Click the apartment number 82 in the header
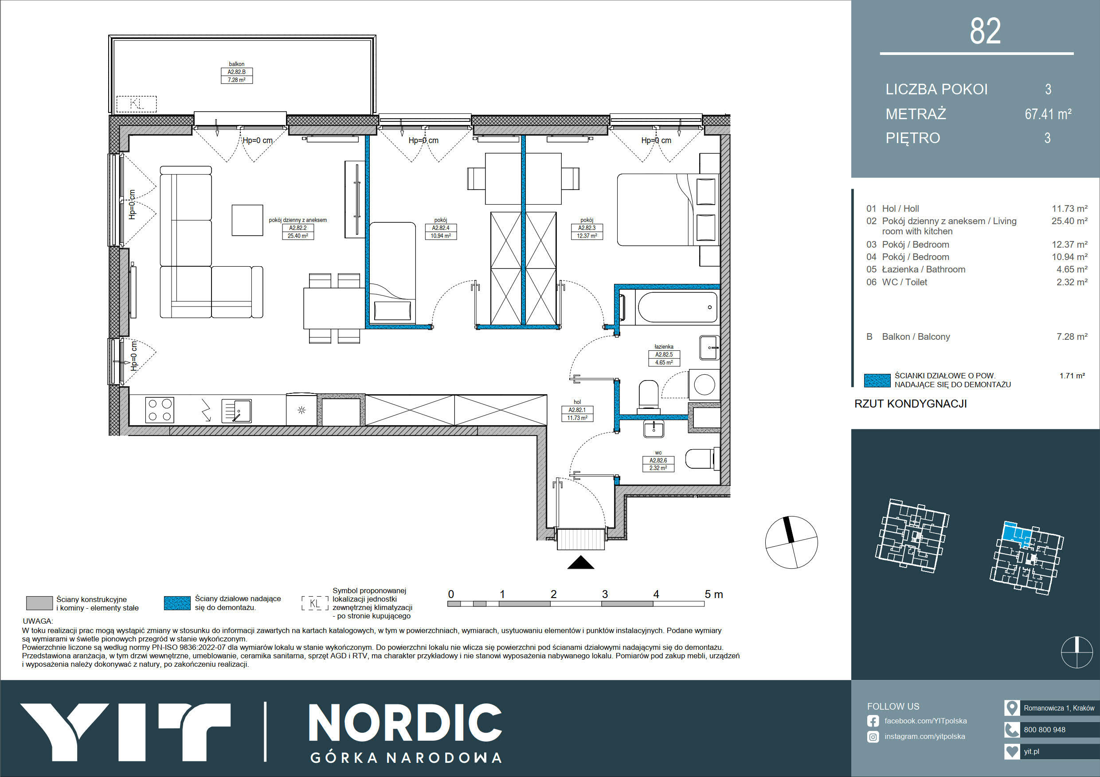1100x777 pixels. point(985,31)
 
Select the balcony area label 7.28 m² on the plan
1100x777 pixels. point(236,80)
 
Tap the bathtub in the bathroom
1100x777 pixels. point(678,307)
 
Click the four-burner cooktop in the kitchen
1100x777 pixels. point(160,410)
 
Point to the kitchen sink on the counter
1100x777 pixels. point(237,411)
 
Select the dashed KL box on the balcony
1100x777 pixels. point(137,104)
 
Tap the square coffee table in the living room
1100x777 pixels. point(247,220)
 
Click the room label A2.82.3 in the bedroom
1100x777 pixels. point(587,228)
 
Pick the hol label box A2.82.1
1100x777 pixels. point(577,414)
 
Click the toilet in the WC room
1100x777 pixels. point(702,458)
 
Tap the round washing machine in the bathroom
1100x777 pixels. point(704,384)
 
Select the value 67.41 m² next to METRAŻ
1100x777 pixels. point(1048,114)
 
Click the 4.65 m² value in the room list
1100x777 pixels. point(1072,269)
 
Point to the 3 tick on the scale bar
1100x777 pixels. point(605,594)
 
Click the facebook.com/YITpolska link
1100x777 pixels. point(925,721)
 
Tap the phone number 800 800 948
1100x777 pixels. point(1045,730)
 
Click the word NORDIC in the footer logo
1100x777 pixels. point(405,724)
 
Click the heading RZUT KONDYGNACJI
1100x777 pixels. point(910,404)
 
